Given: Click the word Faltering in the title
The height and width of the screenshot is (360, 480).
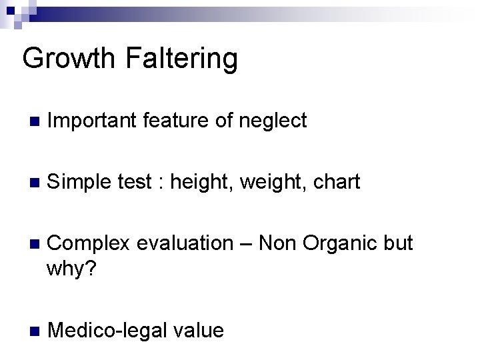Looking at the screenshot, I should coord(179,59).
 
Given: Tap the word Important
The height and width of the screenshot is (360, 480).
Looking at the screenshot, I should coord(91,121).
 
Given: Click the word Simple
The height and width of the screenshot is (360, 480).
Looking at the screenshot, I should coord(77,182).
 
